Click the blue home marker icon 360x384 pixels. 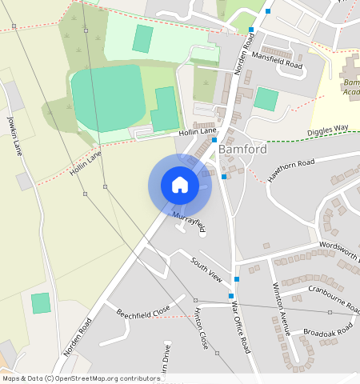180,185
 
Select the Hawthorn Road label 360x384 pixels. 292,169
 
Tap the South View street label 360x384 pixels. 206,269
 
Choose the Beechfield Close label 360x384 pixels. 143,310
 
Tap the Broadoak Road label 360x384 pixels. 328,330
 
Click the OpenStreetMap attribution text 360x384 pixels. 80,378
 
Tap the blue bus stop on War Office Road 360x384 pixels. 238,278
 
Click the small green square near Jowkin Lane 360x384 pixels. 40,303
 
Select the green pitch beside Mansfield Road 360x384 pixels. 266,100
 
